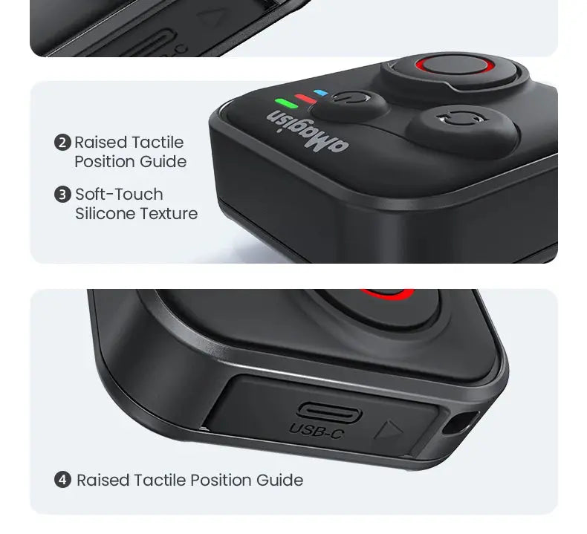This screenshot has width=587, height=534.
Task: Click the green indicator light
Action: (286, 102)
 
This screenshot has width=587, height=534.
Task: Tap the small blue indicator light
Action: (321, 92)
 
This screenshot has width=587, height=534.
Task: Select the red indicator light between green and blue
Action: (305, 99)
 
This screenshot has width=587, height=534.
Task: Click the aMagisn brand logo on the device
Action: (308, 131)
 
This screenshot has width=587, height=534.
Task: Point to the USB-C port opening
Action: (329, 412)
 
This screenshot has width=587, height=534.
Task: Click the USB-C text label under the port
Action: (317, 431)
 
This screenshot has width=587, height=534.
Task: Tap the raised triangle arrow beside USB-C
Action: (389, 430)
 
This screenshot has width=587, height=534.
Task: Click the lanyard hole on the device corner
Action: (460, 423)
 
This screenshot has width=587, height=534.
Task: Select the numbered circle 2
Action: (62, 143)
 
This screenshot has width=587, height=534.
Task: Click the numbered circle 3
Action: (62, 195)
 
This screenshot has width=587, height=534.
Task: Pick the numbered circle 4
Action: (62, 480)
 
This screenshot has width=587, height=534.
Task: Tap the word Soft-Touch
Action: (119, 195)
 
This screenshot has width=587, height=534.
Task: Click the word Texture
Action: (166, 214)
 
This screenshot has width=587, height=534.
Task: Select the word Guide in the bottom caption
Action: (279, 480)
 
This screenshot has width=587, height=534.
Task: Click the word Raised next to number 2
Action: (101, 143)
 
